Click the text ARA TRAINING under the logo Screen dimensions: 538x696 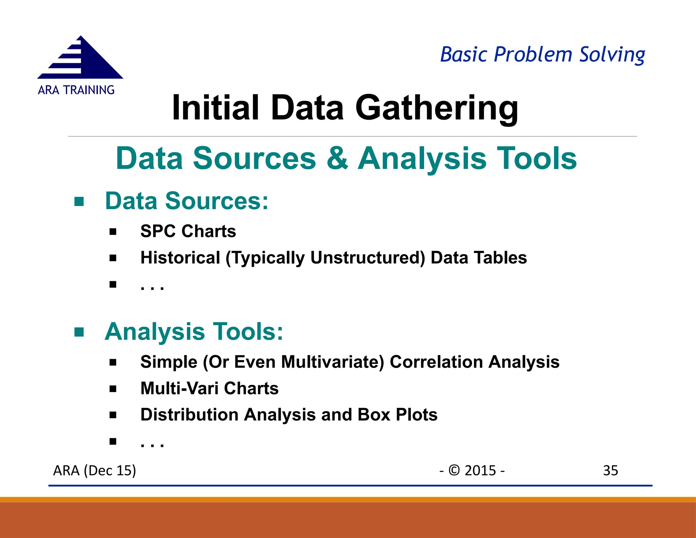[x=76, y=90]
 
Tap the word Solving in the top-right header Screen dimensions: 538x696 [x=612, y=55]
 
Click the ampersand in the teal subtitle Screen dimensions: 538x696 [x=337, y=158]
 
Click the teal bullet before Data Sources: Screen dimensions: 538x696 [x=79, y=202]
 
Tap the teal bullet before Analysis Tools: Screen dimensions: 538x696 [x=79, y=332]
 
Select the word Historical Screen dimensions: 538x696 [x=180, y=258]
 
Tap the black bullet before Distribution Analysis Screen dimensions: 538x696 [x=113, y=415]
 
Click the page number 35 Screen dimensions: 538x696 [x=610, y=471]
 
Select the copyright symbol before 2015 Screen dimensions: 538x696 [x=454, y=470]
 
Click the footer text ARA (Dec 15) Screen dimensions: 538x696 [x=94, y=471]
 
